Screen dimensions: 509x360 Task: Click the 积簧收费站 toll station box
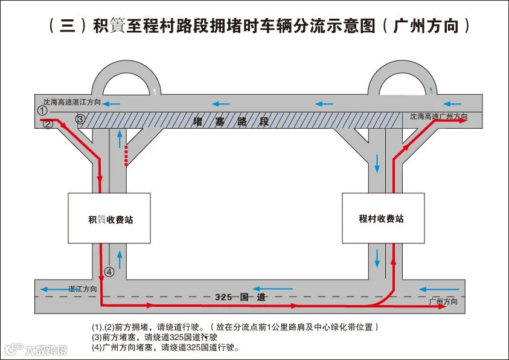point(109,218)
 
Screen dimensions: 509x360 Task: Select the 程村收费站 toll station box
point(383,218)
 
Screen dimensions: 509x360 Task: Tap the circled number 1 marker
point(42,111)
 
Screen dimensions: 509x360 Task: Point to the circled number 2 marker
point(48,124)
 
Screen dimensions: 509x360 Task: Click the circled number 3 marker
point(80,119)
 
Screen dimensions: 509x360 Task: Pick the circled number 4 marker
point(109,272)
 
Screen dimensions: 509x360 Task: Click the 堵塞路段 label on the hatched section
point(231,121)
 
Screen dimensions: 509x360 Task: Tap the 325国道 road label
point(240,297)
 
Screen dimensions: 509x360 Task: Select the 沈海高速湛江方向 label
point(72,102)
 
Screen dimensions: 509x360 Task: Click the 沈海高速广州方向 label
point(438,116)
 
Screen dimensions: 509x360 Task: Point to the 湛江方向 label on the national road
point(83,289)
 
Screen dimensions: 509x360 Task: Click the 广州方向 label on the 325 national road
point(443,301)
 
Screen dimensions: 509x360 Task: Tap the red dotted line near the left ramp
point(126,156)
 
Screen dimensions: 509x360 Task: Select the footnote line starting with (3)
point(155,337)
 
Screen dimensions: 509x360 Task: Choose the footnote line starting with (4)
point(166,347)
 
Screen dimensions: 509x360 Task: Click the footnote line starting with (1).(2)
point(235,327)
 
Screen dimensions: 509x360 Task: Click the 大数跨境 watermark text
point(46,350)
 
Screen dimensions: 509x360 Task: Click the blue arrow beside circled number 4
point(120,260)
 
